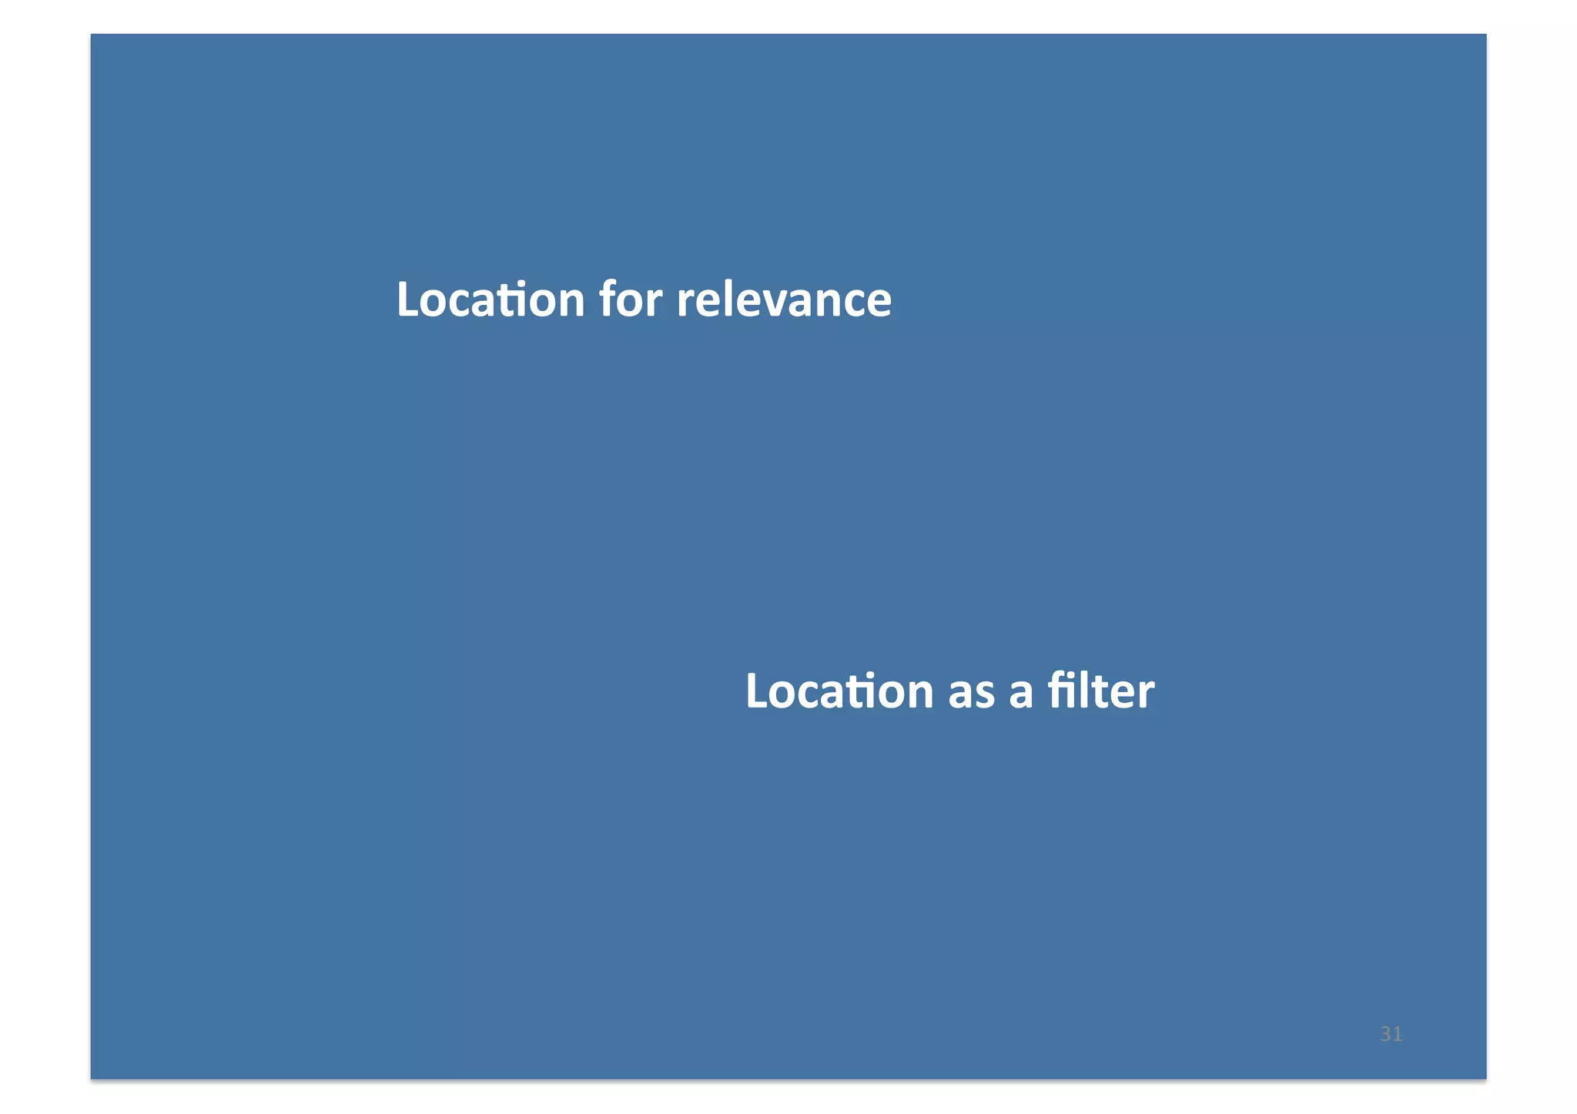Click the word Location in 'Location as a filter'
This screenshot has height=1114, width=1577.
pos(839,691)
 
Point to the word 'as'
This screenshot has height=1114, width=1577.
pos(971,692)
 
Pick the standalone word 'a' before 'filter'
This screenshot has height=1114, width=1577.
pos(1020,692)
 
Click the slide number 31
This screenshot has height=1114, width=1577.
pos(1391,1034)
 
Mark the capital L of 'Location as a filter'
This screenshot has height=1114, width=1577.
pos(756,691)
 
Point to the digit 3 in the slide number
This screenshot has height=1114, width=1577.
pos(1385,1034)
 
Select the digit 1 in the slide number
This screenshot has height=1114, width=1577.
pos(1397,1034)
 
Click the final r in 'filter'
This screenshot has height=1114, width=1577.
pos(1146,693)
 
